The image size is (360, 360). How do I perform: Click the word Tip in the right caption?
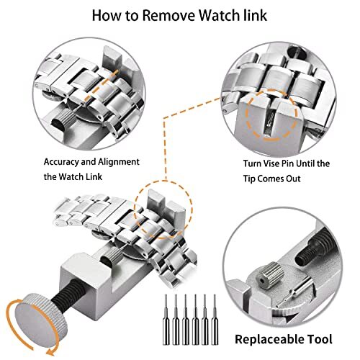(x=257, y=178)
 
